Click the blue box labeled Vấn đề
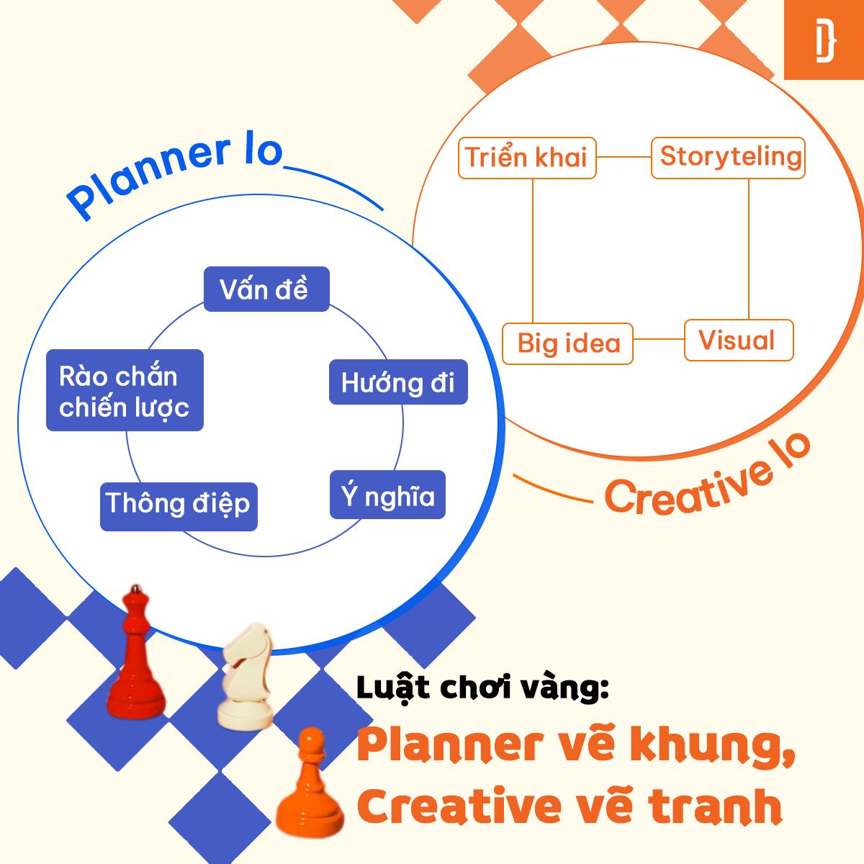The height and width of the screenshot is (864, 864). (266, 289)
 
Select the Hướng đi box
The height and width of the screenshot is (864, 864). (398, 382)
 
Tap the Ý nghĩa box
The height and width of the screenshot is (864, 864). (387, 495)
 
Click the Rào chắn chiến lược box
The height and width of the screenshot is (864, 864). (125, 391)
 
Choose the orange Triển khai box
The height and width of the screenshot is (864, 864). (527, 157)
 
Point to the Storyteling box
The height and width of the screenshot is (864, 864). (728, 157)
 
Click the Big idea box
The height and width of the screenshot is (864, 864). (568, 343)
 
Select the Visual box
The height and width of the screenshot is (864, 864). (738, 340)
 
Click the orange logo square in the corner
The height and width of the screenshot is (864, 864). (824, 40)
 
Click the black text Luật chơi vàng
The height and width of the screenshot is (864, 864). (482, 688)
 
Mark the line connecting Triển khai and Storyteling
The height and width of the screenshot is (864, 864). (624, 157)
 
